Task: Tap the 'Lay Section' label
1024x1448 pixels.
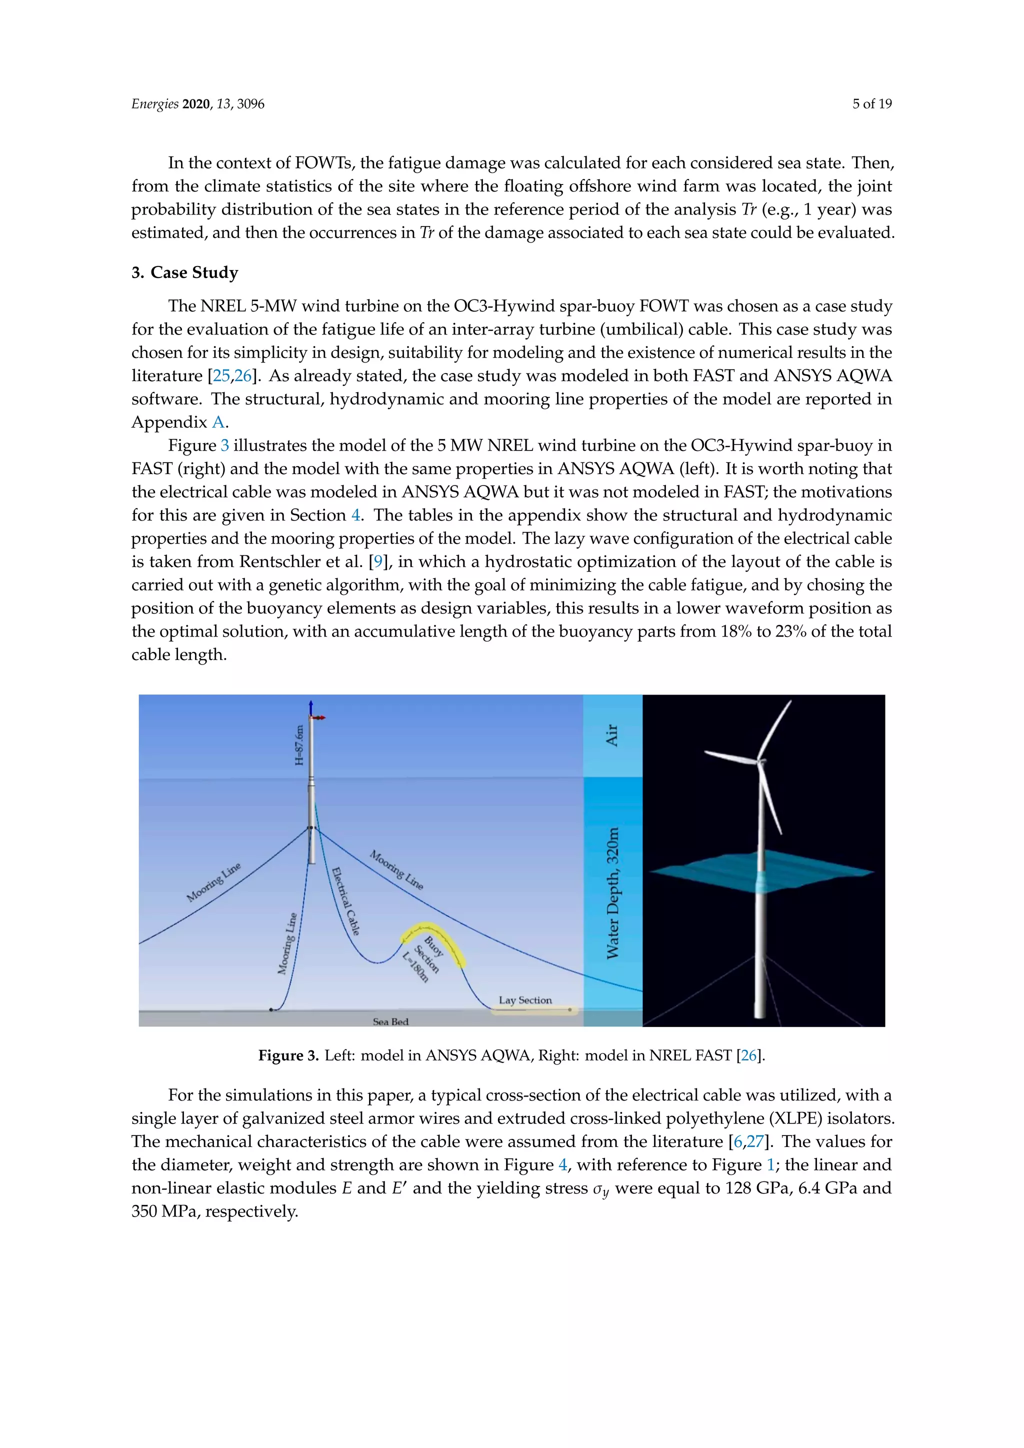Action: (x=524, y=1000)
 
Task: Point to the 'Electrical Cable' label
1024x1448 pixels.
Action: (x=345, y=901)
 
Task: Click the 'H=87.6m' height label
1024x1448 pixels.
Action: (x=299, y=745)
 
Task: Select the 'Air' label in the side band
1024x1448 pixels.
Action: (x=611, y=735)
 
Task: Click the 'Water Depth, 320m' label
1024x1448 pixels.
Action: (x=612, y=893)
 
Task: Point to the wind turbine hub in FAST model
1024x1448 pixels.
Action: (x=761, y=762)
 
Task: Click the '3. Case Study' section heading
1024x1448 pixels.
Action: (x=184, y=272)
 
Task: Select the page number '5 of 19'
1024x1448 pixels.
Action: (x=871, y=104)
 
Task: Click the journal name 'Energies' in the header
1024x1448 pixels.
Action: (x=154, y=104)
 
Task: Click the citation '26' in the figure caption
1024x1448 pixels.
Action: (x=749, y=1055)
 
